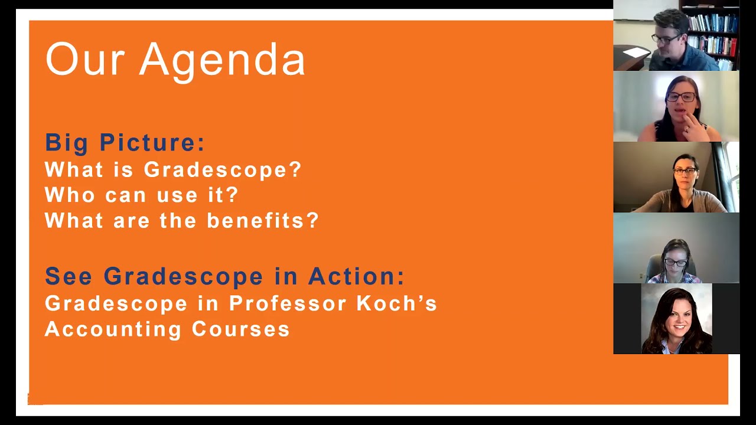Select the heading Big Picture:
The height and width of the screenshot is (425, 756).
[x=125, y=143]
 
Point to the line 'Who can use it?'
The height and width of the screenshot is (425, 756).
[x=142, y=195]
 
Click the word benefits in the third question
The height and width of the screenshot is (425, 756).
[x=263, y=221]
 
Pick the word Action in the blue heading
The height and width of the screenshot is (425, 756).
[x=356, y=276]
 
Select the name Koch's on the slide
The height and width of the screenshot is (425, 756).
[x=397, y=303]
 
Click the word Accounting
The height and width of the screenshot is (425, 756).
[x=113, y=329]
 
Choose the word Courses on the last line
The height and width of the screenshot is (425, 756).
[x=240, y=329]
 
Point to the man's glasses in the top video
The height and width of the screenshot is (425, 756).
[x=666, y=40]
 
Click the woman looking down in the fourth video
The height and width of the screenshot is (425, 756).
[x=675, y=260]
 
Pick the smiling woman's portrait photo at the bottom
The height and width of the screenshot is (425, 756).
[x=676, y=319]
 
